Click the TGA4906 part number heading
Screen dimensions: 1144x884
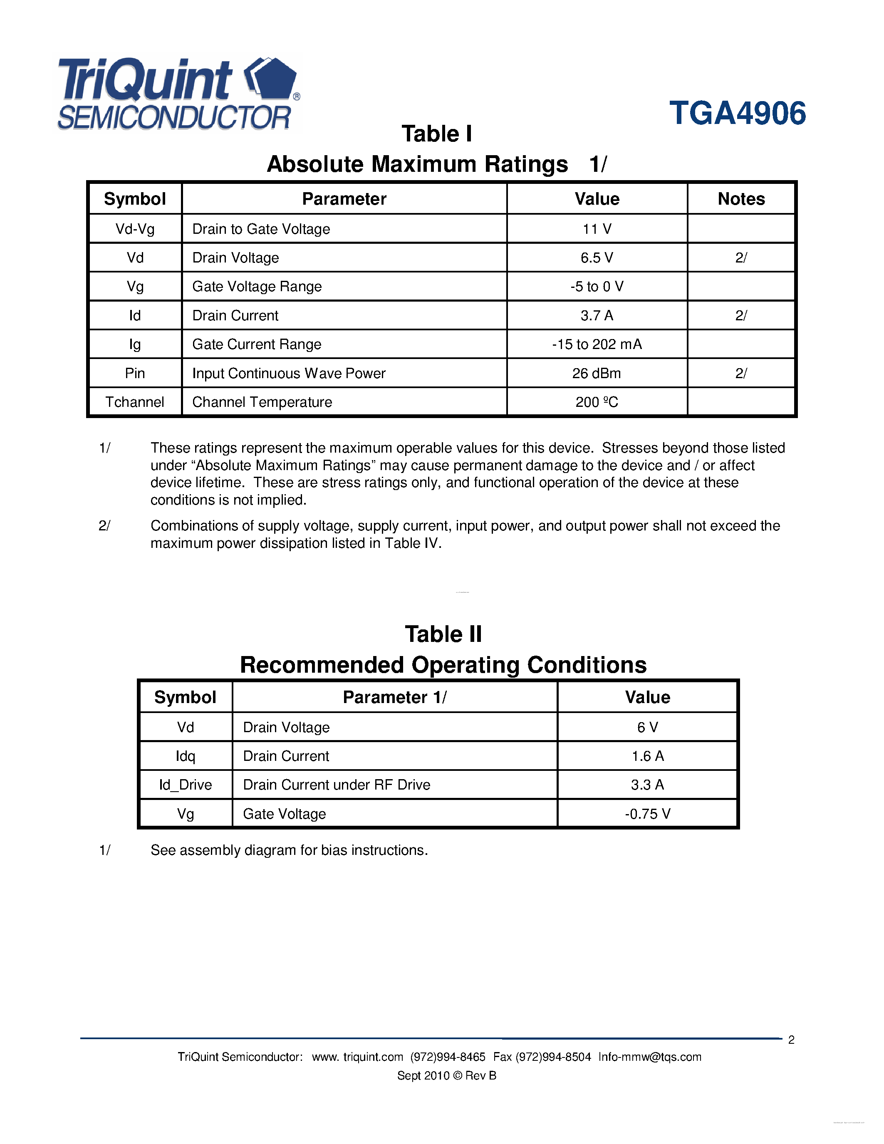(738, 113)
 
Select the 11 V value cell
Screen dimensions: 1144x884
(597, 229)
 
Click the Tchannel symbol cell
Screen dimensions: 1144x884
(135, 402)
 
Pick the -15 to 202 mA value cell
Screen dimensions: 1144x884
(597, 344)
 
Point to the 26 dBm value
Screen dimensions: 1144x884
(597, 373)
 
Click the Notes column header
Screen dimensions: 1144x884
(740, 199)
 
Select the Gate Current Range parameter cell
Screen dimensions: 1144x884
(257, 344)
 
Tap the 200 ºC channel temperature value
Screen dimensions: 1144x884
(597, 402)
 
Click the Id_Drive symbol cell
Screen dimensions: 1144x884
(186, 785)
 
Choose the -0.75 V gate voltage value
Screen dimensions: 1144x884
(647, 813)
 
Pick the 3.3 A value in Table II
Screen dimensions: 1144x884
(647, 785)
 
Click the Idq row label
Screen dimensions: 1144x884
(186, 756)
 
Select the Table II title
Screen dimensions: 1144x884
(443, 634)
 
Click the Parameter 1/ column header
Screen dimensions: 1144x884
(394, 697)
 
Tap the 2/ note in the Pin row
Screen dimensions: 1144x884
(740, 373)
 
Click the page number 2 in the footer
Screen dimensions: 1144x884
(791, 1040)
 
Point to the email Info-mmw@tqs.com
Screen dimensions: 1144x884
(649, 1057)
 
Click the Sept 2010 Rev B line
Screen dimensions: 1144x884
(446, 1075)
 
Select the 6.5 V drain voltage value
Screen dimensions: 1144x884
(597, 258)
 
